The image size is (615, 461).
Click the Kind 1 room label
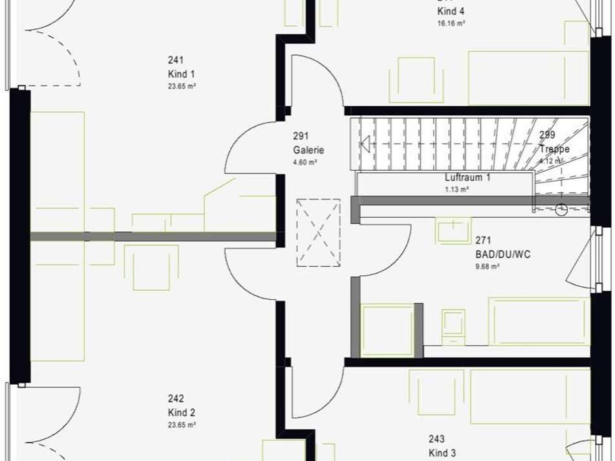coord(181,74)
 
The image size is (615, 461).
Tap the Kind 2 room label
coord(181,412)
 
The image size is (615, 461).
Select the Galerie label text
coord(308,150)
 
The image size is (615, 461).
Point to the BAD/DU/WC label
coord(502,254)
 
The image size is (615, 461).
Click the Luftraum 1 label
coord(467,177)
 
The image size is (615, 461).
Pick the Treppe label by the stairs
coord(555,149)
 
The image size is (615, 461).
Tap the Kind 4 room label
coord(451,11)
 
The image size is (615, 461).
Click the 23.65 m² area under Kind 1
coord(182,86)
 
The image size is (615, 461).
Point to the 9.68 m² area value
coord(487,266)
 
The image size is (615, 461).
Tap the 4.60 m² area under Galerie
coord(305,163)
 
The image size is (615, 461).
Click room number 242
coord(175,399)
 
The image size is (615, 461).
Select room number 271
coord(483,240)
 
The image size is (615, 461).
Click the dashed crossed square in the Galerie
coord(318,232)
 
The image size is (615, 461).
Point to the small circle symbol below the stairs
coord(561,209)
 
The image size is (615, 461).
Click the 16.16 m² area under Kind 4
coord(451,23)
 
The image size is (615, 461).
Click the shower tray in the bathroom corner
coord(387,330)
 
